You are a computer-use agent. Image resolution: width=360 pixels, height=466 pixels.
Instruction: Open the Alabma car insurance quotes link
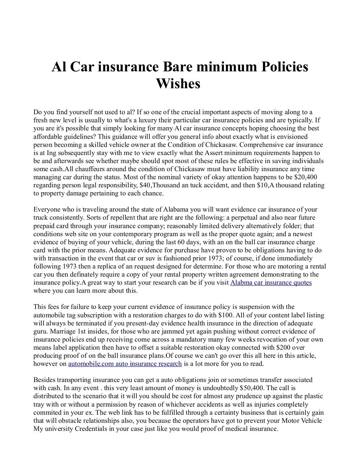271,283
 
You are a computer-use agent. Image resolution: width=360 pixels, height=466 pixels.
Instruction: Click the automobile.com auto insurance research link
125,363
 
